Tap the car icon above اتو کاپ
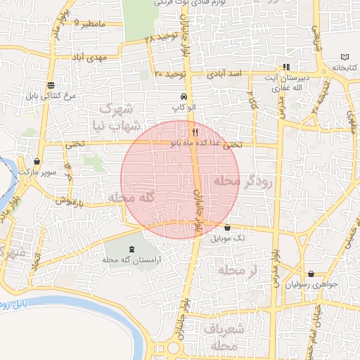click(x=184, y=96)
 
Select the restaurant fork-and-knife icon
click(x=195, y=131)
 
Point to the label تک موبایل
click(x=226, y=238)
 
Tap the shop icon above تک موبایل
click(x=226, y=227)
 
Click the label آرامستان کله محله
click(x=134, y=259)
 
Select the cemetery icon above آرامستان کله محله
click(x=134, y=249)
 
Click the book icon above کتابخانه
click(x=344, y=56)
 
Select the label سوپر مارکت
click(x=37, y=172)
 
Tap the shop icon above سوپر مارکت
click(x=37, y=161)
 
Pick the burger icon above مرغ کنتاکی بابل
click(x=50, y=84)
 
